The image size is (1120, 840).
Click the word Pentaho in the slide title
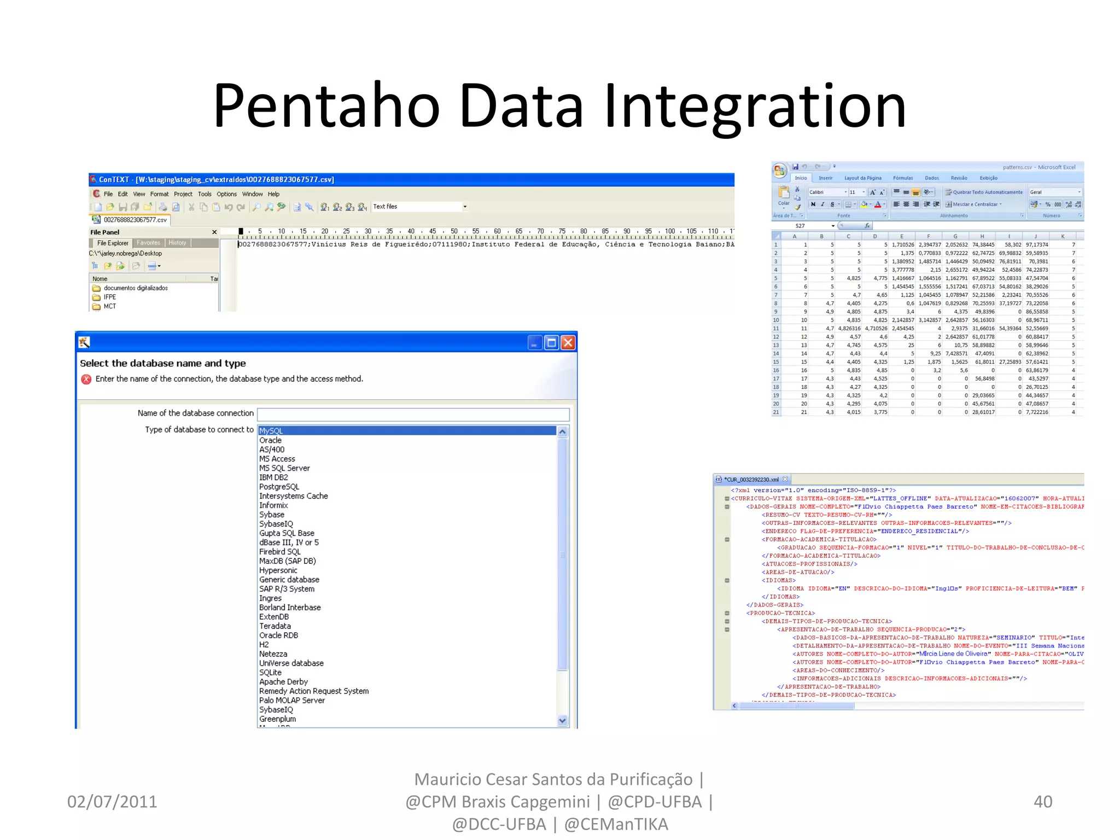click(326, 105)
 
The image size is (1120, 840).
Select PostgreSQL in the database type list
click(279, 487)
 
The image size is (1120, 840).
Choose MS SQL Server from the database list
click(284, 468)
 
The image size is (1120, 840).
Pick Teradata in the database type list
click(275, 626)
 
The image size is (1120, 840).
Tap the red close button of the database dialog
click(568, 343)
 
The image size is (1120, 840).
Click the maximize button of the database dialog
click(551, 343)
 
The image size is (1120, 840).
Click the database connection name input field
click(413, 414)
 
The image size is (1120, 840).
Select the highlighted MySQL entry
click(271, 431)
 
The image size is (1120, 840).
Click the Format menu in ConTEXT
click(159, 194)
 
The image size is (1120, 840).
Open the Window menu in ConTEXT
click(252, 194)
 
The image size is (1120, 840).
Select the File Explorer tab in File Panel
click(113, 243)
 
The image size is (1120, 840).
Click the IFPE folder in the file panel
click(109, 297)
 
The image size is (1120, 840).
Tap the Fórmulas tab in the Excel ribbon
click(903, 178)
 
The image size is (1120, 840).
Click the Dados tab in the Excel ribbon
click(932, 178)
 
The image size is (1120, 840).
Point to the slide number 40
click(1042, 802)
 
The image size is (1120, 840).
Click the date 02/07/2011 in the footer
click(112, 802)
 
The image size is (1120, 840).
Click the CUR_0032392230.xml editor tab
click(751, 480)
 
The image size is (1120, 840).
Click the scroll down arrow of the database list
click(562, 721)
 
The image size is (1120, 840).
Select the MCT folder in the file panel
click(109, 307)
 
